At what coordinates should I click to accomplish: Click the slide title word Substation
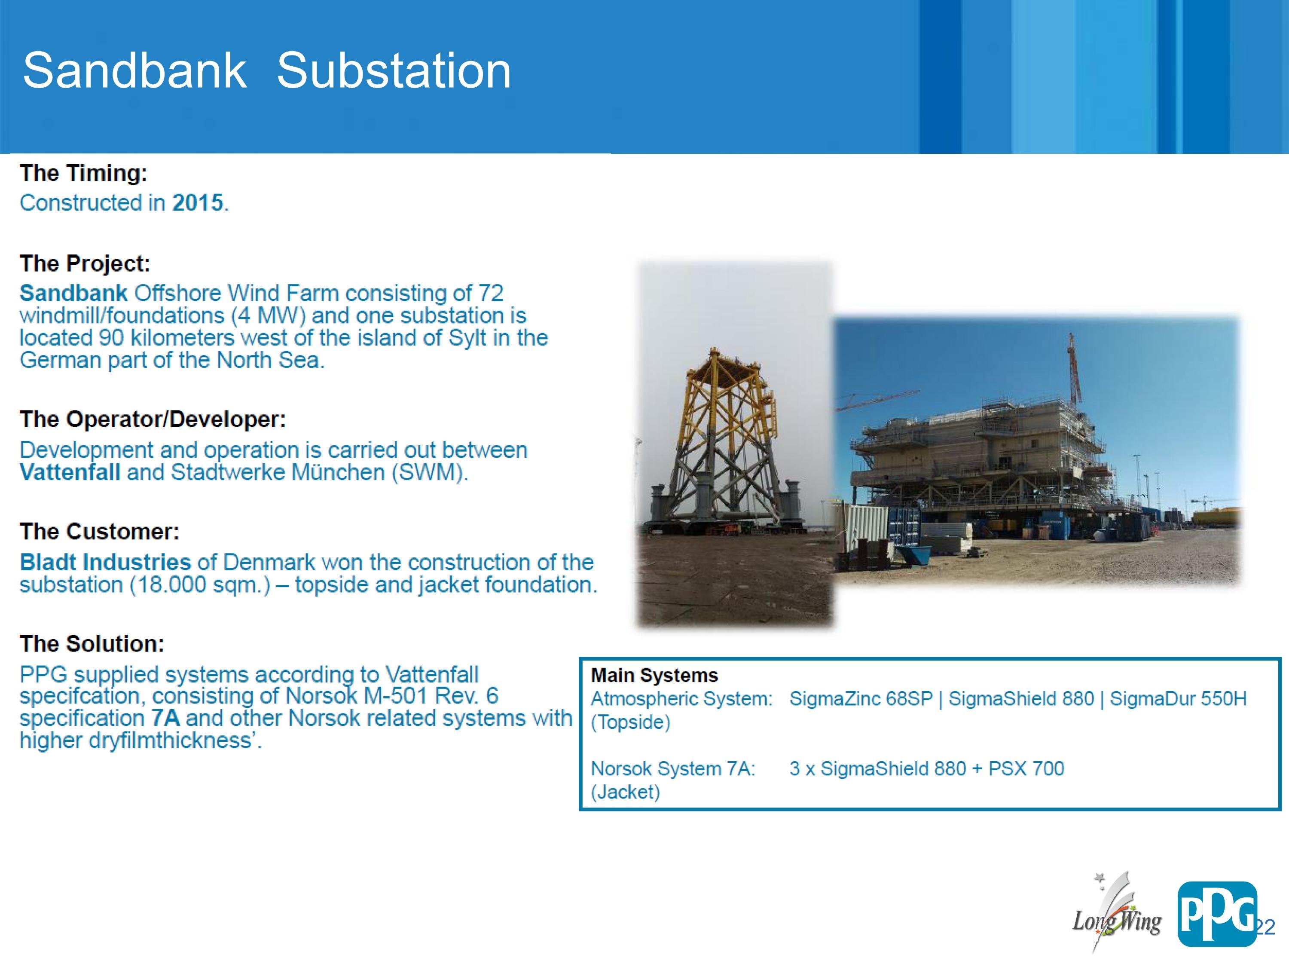pos(394,70)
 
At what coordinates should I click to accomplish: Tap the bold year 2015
pos(198,203)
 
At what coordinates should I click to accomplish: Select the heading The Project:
pos(85,263)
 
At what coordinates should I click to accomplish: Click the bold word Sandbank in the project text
pos(73,293)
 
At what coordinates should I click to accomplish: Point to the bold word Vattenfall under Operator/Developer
pos(70,472)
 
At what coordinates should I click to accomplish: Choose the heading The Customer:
pos(100,532)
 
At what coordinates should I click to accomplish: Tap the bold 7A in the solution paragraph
pos(165,718)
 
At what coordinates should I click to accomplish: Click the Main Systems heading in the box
pos(654,675)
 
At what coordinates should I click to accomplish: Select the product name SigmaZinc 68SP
pos(861,698)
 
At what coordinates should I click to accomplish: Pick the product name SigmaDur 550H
pos(1178,698)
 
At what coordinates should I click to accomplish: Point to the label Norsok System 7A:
pos(673,768)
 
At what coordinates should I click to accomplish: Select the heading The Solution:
pos(92,643)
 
